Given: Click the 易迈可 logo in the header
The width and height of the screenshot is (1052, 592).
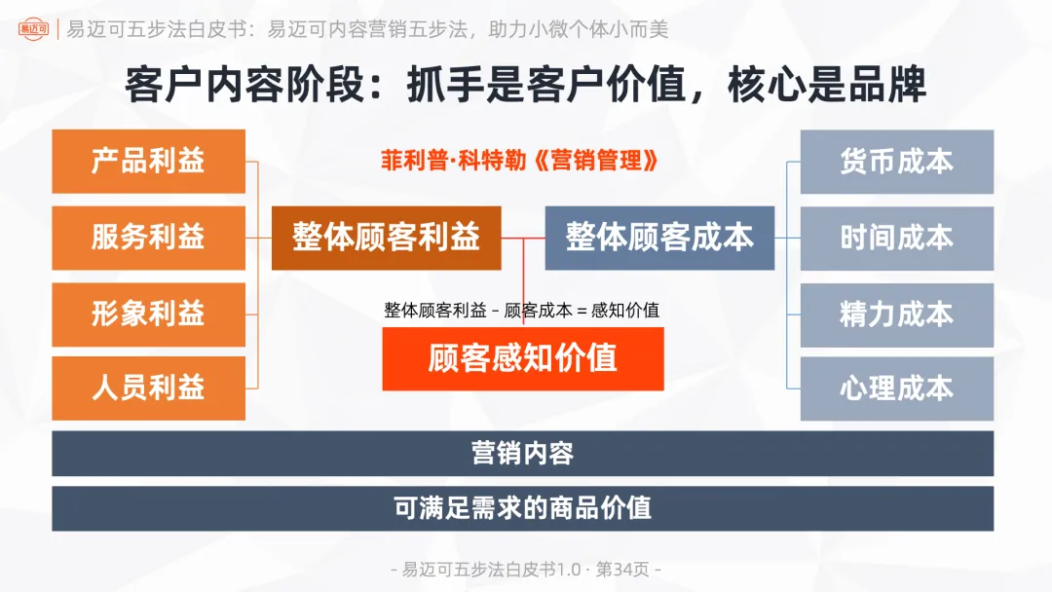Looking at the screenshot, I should point(36,29).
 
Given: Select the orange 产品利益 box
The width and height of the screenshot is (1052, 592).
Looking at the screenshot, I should point(148,162).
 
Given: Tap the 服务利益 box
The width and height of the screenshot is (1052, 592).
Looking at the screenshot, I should point(148,237).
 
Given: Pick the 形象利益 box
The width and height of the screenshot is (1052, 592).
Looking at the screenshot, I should point(148,314).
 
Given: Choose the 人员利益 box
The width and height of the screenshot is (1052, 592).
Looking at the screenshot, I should point(148,388).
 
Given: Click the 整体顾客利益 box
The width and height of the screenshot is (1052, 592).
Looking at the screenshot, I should point(386,238).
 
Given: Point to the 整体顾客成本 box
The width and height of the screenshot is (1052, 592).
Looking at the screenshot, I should point(659,238).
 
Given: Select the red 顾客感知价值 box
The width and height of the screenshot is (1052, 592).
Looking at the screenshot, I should point(523,358).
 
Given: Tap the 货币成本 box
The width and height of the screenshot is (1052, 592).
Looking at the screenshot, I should point(896,162).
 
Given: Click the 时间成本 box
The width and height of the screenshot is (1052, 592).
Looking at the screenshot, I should point(896,238).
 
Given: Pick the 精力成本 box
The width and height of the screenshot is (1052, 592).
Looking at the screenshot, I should point(896,314).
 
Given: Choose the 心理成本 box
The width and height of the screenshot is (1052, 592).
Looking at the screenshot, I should point(896,388).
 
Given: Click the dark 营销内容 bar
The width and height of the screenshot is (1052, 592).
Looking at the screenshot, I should point(523,453).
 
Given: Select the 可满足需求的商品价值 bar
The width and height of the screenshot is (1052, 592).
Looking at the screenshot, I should point(523,507).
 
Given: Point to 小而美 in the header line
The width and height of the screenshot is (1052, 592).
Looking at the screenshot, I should point(638,29).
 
